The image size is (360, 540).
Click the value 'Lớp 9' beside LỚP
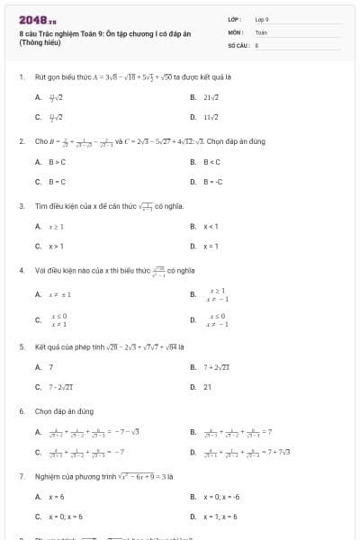pos(262,18)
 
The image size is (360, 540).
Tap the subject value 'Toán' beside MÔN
pos(261,31)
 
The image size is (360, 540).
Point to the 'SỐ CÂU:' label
pos(238,43)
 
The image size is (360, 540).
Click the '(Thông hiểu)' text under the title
pos(37,42)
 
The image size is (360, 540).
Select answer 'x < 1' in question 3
pos(211,226)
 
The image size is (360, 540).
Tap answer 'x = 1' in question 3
pos(211,245)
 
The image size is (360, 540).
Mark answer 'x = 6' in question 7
pos(56,496)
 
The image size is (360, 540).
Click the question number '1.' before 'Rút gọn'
pos(21,76)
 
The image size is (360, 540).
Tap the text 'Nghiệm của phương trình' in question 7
pos(68,475)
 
